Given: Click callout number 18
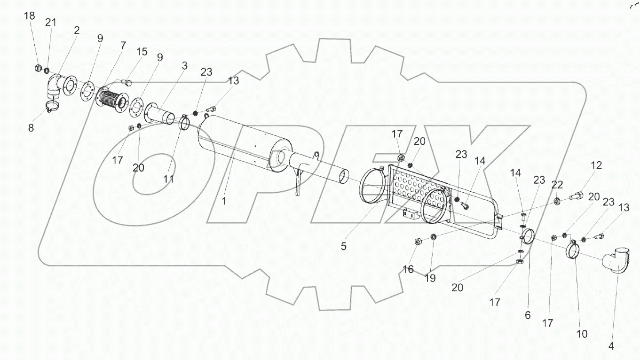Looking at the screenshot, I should coord(29,16).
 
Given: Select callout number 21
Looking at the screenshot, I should coord(51,23).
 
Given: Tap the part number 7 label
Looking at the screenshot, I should coord(123,46).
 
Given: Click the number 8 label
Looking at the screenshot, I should coord(31,127).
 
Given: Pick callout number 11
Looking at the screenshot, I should coord(168,179).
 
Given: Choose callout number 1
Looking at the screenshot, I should coord(224,201).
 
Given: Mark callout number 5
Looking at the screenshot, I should coord(344,246).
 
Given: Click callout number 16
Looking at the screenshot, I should coord(408,269).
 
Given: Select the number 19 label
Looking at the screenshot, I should coord(430,278).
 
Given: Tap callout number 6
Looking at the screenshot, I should coord(528,315).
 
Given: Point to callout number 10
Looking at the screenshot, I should coord(582,334).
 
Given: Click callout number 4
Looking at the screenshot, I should coord(611,347).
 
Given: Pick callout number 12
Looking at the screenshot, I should coord(596,165).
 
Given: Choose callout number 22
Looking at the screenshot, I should coord(558,185).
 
